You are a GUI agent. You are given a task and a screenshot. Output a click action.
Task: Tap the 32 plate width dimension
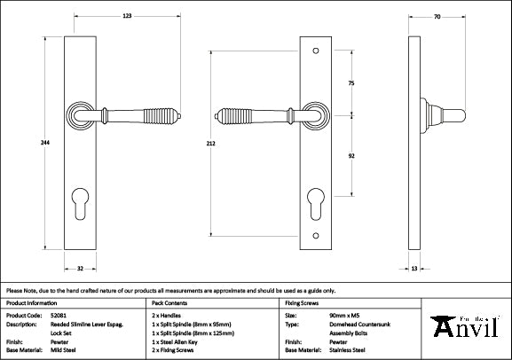coord(79,266)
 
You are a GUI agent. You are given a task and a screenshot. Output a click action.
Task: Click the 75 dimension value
coord(351,82)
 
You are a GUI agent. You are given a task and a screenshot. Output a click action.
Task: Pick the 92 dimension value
coord(351,154)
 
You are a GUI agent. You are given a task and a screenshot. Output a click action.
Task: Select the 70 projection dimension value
coord(437,15)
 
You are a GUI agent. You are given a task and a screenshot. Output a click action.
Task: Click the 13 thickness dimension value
coord(414,266)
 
